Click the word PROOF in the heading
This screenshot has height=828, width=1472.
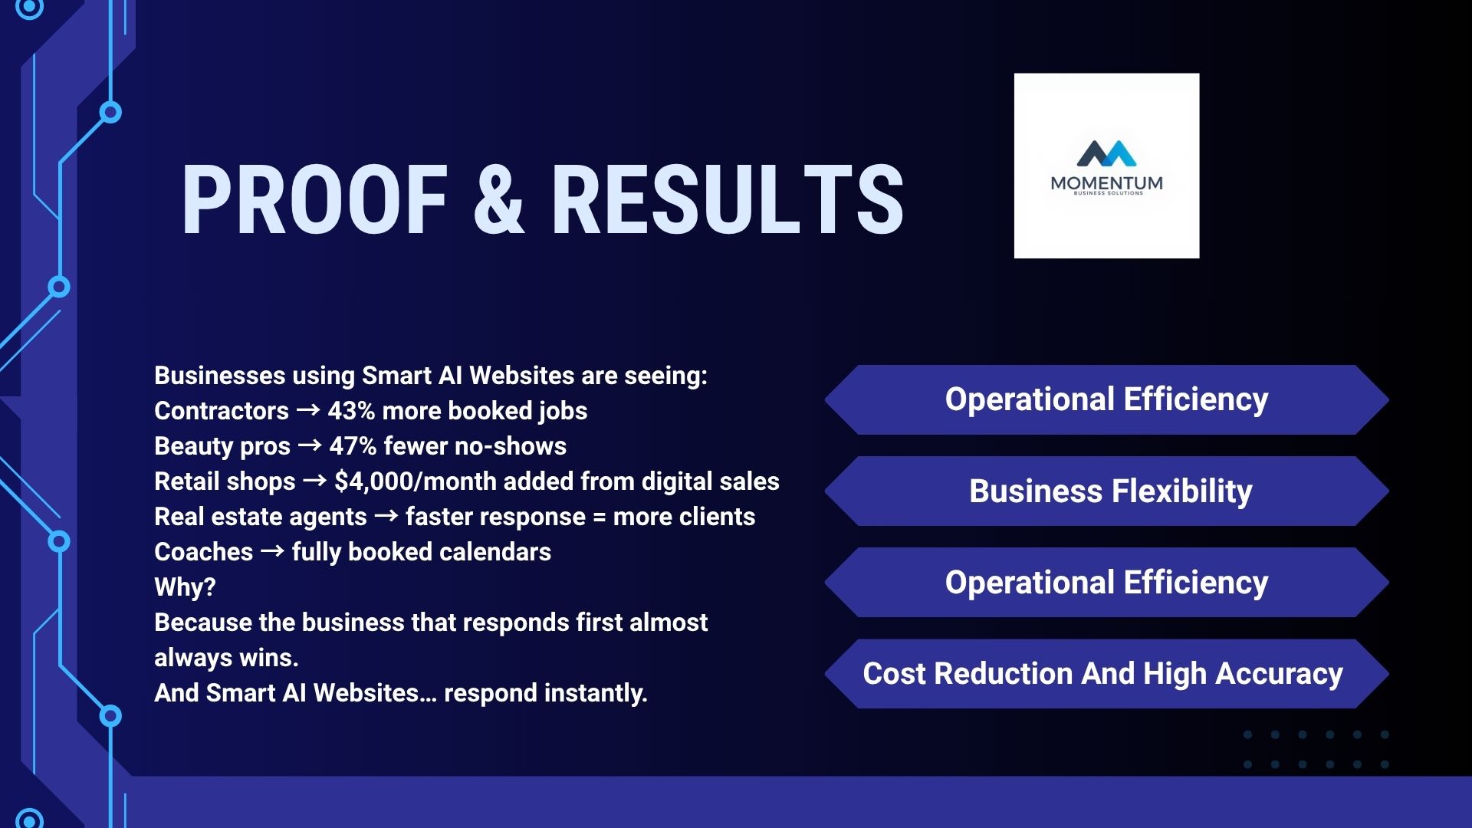click(x=314, y=200)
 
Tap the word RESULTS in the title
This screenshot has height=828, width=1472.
click(x=728, y=200)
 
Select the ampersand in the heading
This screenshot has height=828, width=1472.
click(x=499, y=200)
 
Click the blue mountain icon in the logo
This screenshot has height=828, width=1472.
click(x=1106, y=153)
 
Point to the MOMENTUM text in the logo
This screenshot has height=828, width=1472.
click(x=1106, y=182)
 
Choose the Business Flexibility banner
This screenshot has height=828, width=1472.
click(x=1106, y=491)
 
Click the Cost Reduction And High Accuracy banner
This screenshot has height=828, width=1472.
click(x=1106, y=673)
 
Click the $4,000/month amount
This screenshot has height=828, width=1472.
click(x=415, y=481)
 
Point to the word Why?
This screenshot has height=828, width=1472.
click(x=185, y=587)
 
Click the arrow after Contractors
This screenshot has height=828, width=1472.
click(x=308, y=410)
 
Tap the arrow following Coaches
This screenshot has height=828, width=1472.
click(x=272, y=551)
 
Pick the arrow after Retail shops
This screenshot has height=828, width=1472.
click(x=314, y=481)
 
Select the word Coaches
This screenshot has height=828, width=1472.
click(x=203, y=552)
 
